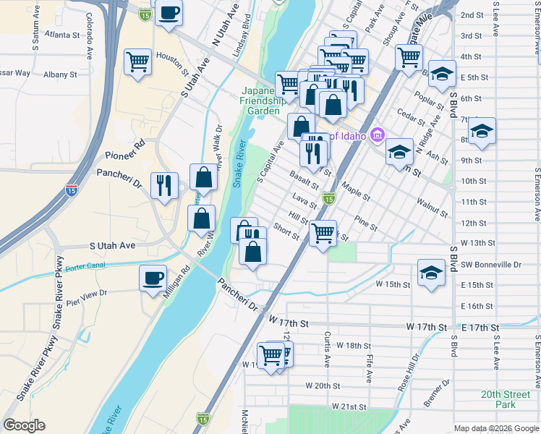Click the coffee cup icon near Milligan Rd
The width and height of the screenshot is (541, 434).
[x=153, y=278]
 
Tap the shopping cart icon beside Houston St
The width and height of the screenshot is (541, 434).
[x=137, y=61]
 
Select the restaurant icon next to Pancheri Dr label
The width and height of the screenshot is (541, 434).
[x=164, y=186]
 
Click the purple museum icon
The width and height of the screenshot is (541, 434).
[x=377, y=135]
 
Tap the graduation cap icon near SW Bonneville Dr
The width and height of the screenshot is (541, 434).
[x=431, y=273]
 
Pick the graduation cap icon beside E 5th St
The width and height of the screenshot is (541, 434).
[x=442, y=74]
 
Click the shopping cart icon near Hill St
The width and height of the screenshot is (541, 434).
[x=323, y=234]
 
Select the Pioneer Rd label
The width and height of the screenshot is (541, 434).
[x=125, y=155]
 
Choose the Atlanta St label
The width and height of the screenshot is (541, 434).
[x=61, y=35]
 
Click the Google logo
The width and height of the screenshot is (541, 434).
[x=24, y=425]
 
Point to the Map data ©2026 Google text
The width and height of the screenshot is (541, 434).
[x=495, y=428]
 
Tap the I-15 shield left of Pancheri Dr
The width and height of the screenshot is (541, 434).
[x=71, y=190]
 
